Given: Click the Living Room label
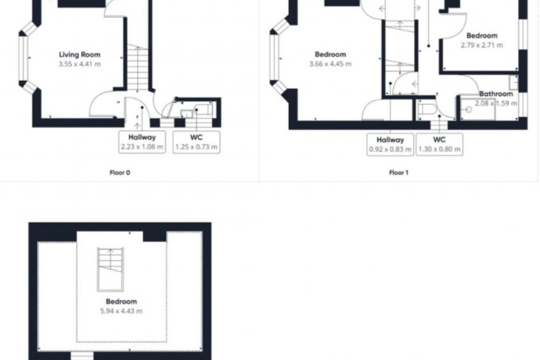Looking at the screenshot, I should pyautogui.click(x=80, y=55).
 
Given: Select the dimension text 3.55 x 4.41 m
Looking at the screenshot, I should pyautogui.click(x=80, y=64).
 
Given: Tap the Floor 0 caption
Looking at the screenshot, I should pyautogui.click(x=120, y=172).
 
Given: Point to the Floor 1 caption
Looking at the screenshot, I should pyautogui.click(x=399, y=172).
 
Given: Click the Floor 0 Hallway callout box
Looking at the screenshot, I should pyautogui.click(x=142, y=142).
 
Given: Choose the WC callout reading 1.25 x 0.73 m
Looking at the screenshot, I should pyautogui.click(x=196, y=142).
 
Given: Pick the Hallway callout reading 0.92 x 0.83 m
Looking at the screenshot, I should pyautogui.click(x=390, y=144).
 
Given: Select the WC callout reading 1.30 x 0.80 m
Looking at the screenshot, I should pyautogui.click(x=439, y=144).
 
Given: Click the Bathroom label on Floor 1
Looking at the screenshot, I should pyautogui.click(x=496, y=94).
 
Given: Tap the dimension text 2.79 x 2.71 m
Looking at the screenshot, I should pyautogui.click(x=481, y=45).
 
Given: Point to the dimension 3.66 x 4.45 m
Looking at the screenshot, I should pyautogui.click(x=330, y=64).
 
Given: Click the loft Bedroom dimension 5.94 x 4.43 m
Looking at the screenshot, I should pyautogui.click(x=121, y=311).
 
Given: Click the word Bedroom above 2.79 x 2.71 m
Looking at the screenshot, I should pyautogui.click(x=481, y=36).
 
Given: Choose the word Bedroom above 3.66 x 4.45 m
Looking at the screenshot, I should pyautogui.click(x=330, y=55).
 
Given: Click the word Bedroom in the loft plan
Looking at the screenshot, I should pyautogui.click(x=121, y=301).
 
